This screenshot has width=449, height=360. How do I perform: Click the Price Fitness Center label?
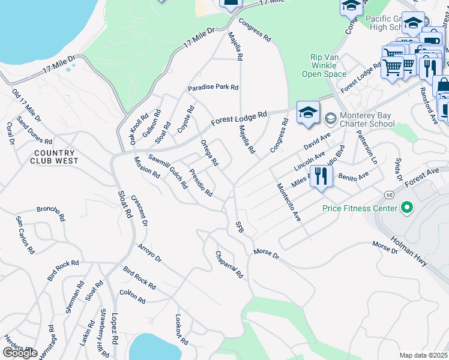(360, 208)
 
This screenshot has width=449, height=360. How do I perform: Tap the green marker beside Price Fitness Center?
(408, 208)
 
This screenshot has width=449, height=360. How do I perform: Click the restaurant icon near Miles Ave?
(321, 176)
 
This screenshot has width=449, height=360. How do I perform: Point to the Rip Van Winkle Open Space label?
(328, 65)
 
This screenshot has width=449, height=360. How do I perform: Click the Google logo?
(19, 352)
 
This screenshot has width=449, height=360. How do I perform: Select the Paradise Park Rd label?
(213, 88)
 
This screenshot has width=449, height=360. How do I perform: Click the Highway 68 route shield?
(388, 194)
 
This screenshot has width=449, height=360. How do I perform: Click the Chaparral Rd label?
(229, 265)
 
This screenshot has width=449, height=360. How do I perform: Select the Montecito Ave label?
(288, 203)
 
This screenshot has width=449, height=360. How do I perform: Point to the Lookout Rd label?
(181, 330)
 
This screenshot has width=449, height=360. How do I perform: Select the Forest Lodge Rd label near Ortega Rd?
(239, 119)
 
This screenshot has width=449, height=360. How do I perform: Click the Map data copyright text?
(424, 355)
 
